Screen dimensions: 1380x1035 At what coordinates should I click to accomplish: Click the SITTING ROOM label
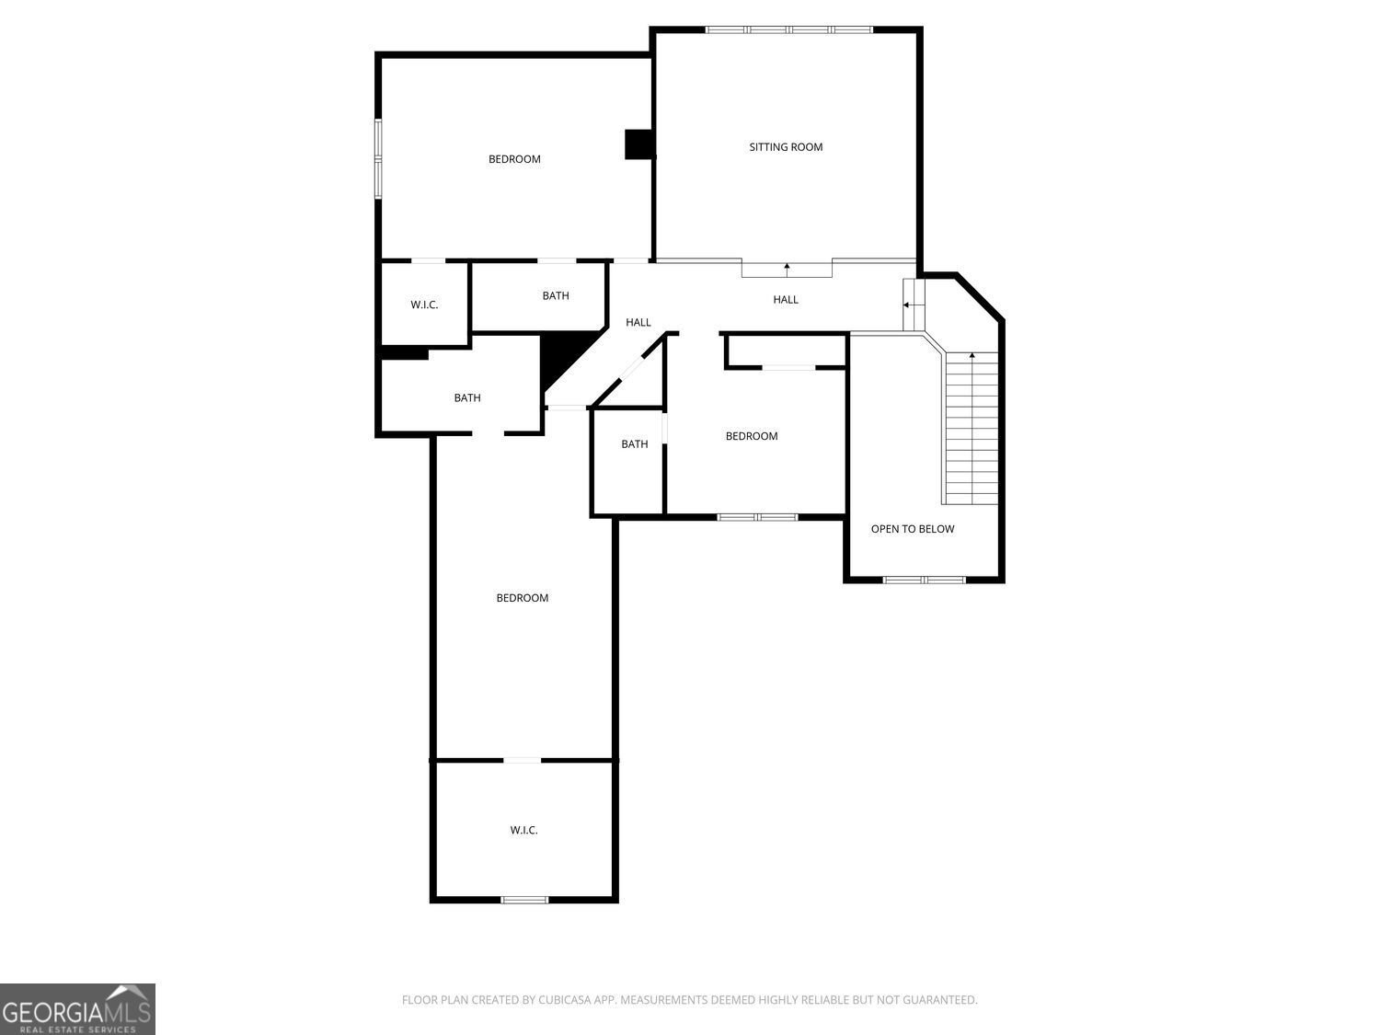click(x=786, y=147)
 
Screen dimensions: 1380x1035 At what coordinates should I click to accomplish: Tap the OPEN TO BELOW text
click(x=913, y=529)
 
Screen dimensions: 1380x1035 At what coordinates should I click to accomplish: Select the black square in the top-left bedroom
click(x=639, y=144)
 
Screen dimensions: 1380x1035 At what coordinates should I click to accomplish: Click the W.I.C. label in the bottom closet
click(x=523, y=830)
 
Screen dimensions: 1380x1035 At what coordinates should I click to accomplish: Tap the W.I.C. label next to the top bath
click(x=424, y=305)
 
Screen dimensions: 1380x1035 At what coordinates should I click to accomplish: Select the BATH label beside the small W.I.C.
click(x=556, y=295)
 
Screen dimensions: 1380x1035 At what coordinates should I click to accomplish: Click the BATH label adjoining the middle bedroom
click(x=635, y=444)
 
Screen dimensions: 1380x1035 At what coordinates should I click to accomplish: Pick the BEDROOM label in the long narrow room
click(x=523, y=598)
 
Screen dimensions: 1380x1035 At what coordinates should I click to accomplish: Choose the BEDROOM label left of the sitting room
click(x=514, y=159)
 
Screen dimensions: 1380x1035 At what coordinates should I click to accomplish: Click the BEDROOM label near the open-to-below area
click(x=752, y=436)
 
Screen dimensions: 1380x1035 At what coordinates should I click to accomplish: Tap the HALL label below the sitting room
click(x=786, y=300)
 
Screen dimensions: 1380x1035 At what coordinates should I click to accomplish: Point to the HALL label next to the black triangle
click(x=638, y=322)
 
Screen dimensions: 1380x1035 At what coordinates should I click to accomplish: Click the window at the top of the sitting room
click(x=789, y=29)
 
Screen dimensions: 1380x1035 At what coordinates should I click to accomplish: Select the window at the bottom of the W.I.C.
click(x=524, y=900)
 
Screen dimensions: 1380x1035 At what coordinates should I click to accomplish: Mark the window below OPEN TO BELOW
click(x=925, y=580)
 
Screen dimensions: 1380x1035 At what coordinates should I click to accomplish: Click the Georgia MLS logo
click(x=77, y=1009)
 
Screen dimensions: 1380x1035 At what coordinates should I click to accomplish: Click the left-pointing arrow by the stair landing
click(x=906, y=305)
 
